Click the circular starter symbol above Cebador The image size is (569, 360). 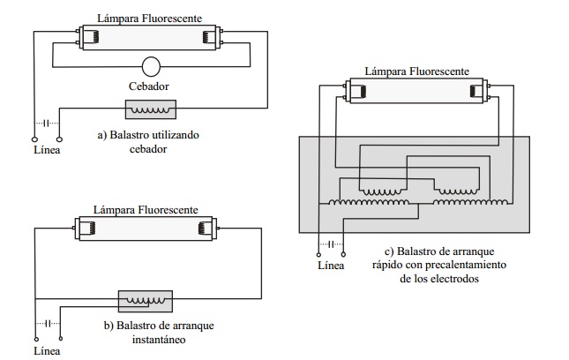[151, 67]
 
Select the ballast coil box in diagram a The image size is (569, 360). [151, 109]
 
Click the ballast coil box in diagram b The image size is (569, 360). [145, 300]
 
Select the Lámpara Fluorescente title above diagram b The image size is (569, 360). [146, 210]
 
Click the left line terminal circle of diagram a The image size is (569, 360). [34, 140]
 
